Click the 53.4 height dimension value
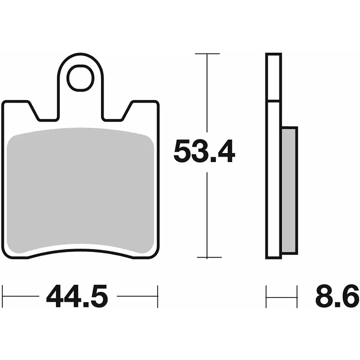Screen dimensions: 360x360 click(x=204, y=152)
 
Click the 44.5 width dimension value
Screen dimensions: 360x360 click(x=77, y=297)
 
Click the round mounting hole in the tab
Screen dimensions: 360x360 click(x=80, y=78)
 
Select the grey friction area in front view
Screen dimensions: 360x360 click(x=81, y=189)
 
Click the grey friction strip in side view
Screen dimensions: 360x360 click(x=289, y=189)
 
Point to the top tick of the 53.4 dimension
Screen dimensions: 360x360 click(x=207, y=54)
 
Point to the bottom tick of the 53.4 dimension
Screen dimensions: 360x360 click(x=208, y=258)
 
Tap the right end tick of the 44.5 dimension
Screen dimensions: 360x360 click(x=157, y=296)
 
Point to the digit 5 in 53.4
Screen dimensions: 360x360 click(x=182, y=152)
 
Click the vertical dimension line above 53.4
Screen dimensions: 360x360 click(x=207, y=95)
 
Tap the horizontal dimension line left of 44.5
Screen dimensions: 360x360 click(x=21, y=297)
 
